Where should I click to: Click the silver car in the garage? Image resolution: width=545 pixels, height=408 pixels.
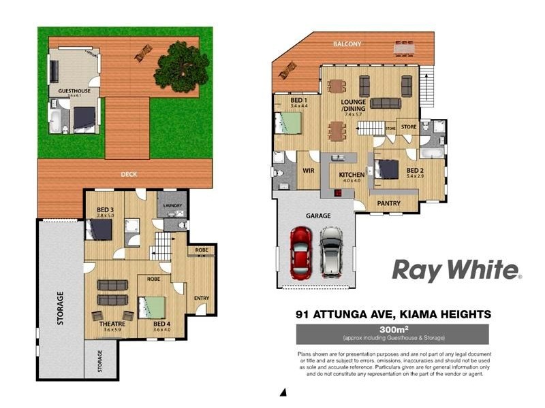coord(331,252)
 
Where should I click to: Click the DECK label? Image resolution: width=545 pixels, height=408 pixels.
coord(129,174)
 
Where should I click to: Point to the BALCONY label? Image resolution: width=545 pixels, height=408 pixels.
coord(347,44)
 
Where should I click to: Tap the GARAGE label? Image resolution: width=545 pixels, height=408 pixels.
coord(317,216)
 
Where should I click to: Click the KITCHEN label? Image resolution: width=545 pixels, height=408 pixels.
coord(352,175)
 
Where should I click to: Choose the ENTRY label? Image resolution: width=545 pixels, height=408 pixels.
coord(202,298)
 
